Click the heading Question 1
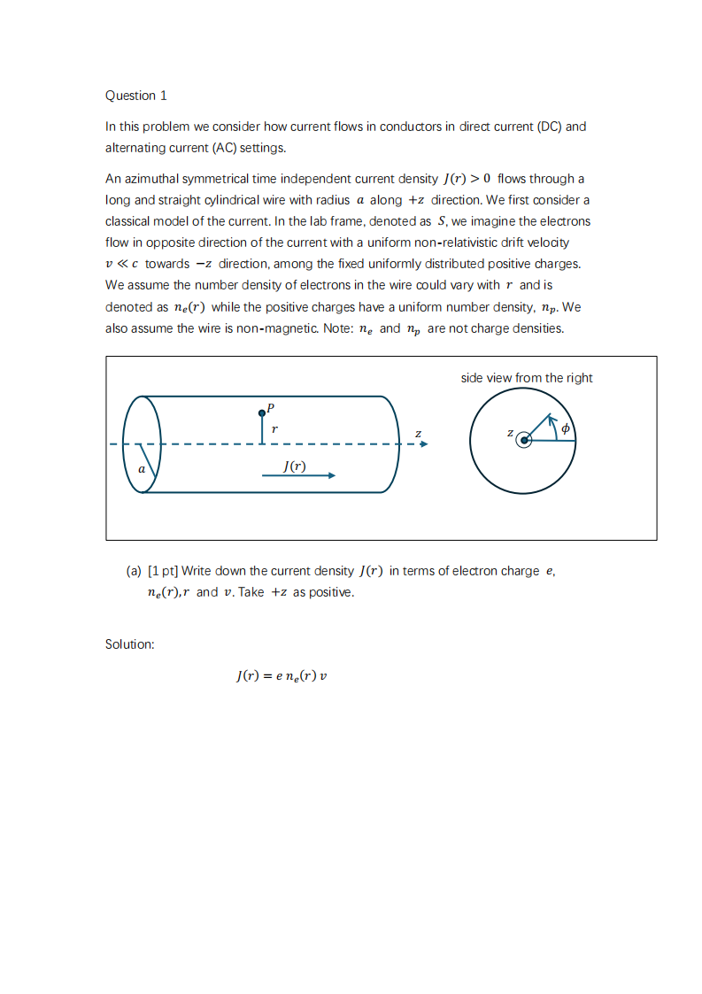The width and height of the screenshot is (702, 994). pyautogui.click(x=136, y=96)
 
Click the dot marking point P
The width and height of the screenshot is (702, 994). pyautogui.click(x=261, y=412)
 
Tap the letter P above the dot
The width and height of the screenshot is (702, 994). pyautogui.click(x=271, y=407)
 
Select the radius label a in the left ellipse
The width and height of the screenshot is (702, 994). pyautogui.click(x=142, y=469)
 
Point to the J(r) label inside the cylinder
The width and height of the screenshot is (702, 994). pyautogui.click(x=295, y=466)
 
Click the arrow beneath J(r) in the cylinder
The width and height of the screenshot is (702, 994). pyautogui.click(x=298, y=475)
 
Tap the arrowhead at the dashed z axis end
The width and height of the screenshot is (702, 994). pyautogui.click(x=423, y=444)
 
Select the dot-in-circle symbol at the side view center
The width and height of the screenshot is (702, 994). pyautogui.click(x=524, y=440)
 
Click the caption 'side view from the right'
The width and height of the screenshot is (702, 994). pyautogui.click(x=527, y=378)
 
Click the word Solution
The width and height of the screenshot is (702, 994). pyautogui.click(x=129, y=644)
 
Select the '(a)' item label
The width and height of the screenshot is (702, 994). pyautogui.click(x=135, y=571)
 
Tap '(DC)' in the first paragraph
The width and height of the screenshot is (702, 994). pyautogui.click(x=550, y=127)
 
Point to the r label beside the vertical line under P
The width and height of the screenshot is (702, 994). pyautogui.click(x=274, y=428)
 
